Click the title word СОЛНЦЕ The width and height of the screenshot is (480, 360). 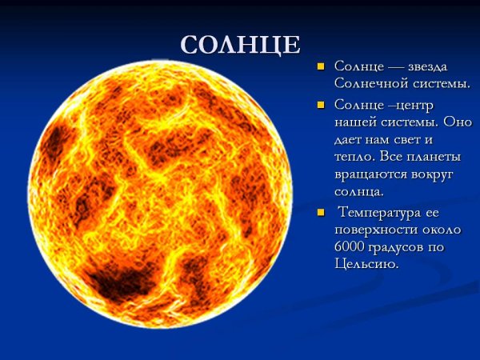241,45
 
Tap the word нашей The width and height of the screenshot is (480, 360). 354,123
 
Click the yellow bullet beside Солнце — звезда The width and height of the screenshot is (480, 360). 321,66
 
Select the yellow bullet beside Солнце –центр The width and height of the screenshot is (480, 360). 321,106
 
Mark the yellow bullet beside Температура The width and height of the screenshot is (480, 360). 321,213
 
